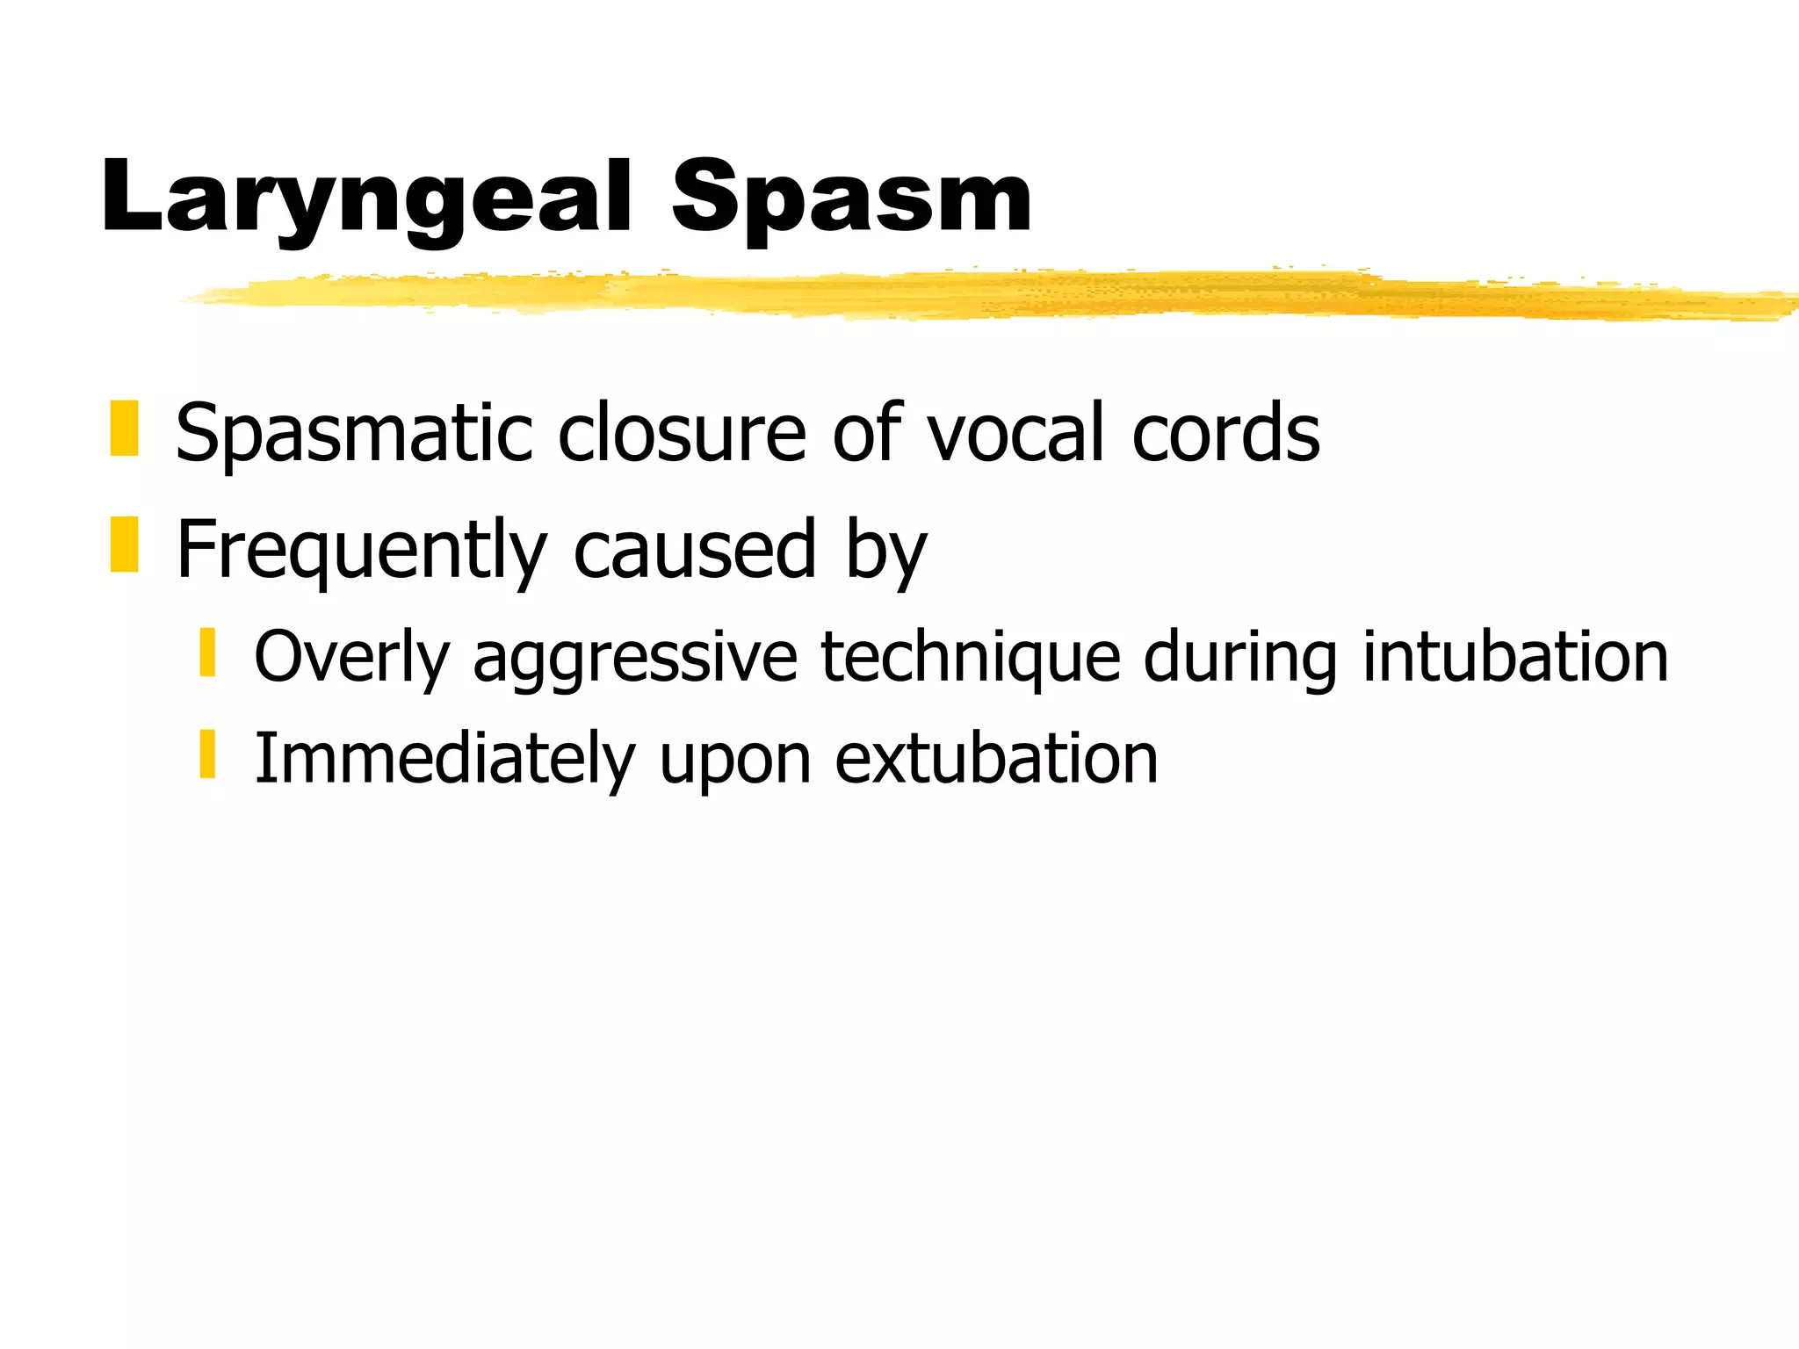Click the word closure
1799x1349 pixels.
(682, 431)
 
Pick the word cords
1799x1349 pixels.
(1225, 431)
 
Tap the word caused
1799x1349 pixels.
(695, 549)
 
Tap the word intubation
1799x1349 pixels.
(1515, 657)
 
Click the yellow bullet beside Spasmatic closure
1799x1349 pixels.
(124, 429)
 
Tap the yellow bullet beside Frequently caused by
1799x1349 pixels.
(124, 545)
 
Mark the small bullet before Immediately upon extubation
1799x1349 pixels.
(207, 754)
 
